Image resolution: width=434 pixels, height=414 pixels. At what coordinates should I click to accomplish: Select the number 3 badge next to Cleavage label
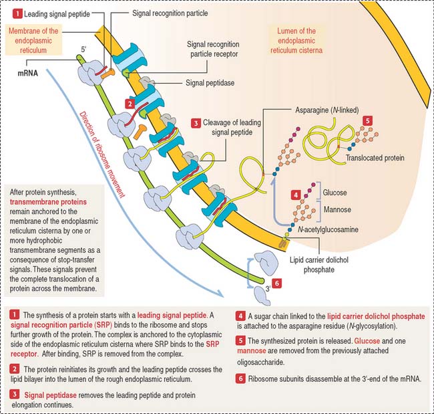pos(196,124)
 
